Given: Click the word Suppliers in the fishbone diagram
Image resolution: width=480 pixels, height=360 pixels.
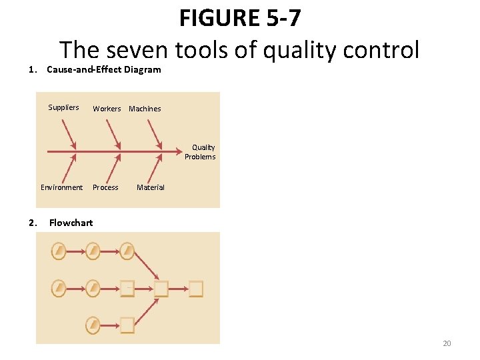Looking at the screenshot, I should pyautogui.click(x=63, y=107).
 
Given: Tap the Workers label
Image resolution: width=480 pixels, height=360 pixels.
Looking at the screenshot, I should pyautogui.click(x=107, y=109).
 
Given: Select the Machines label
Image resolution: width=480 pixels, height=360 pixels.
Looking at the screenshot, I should pyautogui.click(x=145, y=109).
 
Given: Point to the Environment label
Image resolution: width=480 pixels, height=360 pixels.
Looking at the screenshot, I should pyautogui.click(x=61, y=187).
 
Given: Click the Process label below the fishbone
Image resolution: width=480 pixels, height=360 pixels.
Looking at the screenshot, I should pyautogui.click(x=105, y=187).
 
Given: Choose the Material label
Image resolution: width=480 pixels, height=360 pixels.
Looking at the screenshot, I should pyautogui.click(x=150, y=187).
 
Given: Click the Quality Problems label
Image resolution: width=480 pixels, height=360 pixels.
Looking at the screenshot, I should pyautogui.click(x=201, y=152).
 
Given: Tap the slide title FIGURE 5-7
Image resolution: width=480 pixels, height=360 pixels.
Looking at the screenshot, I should pyautogui.click(x=240, y=18).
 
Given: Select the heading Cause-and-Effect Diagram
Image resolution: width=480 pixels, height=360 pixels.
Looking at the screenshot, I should pyautogui.click(x=104, y=69).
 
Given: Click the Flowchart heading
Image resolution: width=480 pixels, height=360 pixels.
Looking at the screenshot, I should pyautogui.click(x=71, y=223).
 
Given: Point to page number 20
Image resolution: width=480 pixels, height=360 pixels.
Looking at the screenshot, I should pyautogui.click(x=447, y=343).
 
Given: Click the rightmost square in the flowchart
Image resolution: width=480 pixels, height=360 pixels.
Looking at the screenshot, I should pyautogui.click(x=195, y=289).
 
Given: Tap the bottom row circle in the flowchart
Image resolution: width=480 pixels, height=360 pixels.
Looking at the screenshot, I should pyautogui.click(x=93, y=324).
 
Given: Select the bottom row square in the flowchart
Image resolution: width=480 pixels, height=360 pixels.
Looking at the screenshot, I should pyautogui.click(x=127, y=324).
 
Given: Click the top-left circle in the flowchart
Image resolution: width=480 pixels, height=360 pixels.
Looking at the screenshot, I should pyautogui.click(x=59, y=251).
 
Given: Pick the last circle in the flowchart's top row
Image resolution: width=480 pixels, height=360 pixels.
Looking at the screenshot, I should pyautogui.click(x=127, y=251).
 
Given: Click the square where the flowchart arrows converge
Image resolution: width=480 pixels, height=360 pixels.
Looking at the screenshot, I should pyautogui.click(x=161, y=289).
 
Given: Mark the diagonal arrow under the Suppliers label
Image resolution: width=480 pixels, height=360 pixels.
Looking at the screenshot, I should pyautogui.click(x=69, y=135).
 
